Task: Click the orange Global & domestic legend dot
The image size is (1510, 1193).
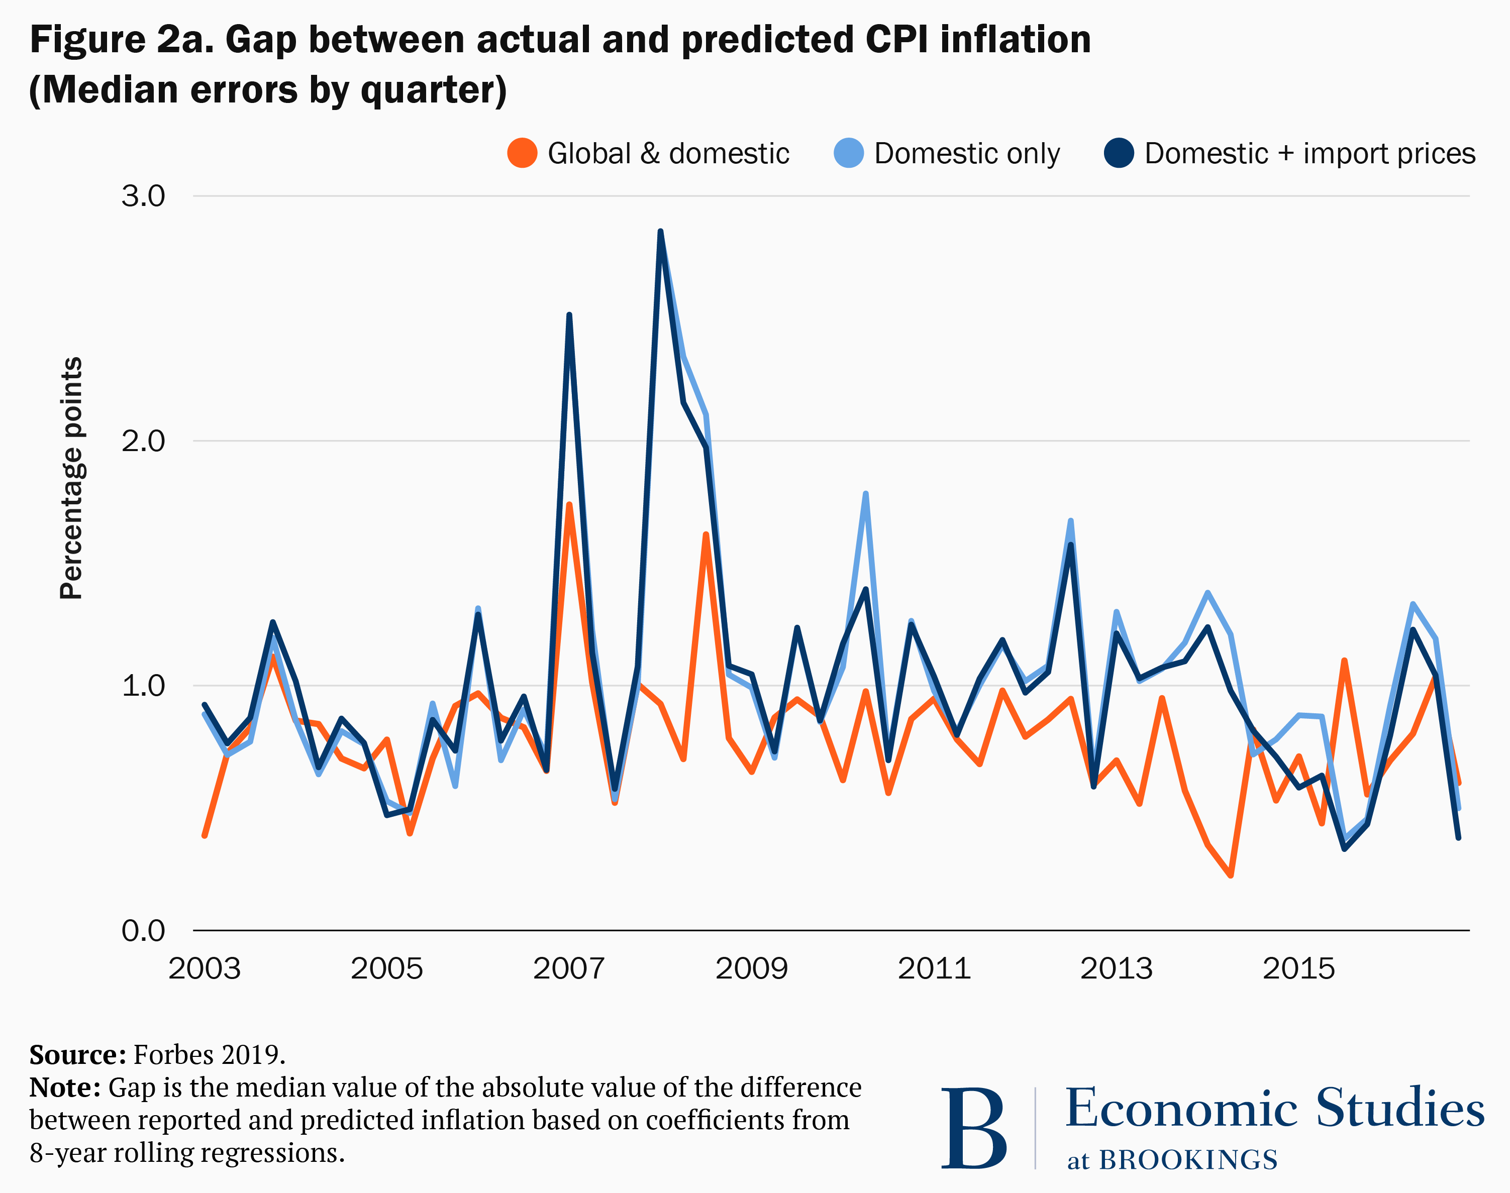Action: [522, 153]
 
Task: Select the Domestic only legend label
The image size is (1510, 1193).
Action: [966, 153]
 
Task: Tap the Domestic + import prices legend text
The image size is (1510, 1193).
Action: [1310, 153]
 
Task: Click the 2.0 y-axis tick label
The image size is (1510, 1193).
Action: [143, 441]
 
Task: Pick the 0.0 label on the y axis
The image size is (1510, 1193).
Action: [143, 930]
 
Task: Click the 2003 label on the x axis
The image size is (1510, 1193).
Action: [204, 969]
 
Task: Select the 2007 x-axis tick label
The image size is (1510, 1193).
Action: [569, 969]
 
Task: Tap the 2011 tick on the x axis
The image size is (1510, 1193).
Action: [934, 969]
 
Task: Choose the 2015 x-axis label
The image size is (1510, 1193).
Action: [1298, 969]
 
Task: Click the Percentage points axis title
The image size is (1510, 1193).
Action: [71, 479]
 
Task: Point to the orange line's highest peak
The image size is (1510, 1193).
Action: [569, 504]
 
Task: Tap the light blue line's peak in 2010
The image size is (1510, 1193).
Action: [866, 494]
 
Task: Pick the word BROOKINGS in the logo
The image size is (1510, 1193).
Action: [1188, 1160]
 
